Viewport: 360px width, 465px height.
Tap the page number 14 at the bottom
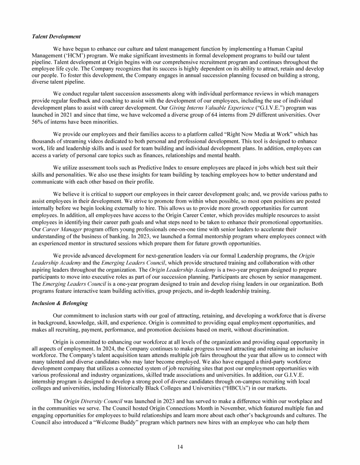coord(180,447)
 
